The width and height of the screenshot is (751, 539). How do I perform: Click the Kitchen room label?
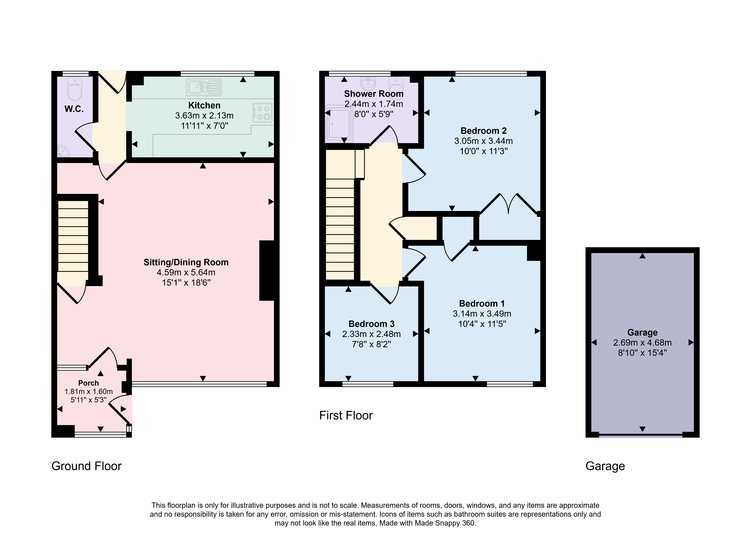[204, 105]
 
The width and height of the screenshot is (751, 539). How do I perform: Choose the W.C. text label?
[74, 109]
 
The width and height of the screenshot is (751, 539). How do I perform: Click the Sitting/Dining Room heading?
[186, 262]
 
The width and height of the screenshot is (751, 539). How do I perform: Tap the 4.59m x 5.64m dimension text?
[186, 273]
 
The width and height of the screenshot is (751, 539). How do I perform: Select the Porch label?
[88, 383]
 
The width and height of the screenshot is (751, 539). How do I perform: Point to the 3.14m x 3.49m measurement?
[482, 314]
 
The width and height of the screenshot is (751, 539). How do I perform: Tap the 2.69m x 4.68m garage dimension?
[642, 343]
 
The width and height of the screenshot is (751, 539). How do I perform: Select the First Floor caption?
[346, 415]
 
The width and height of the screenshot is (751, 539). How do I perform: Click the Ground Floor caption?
[86, 466]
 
